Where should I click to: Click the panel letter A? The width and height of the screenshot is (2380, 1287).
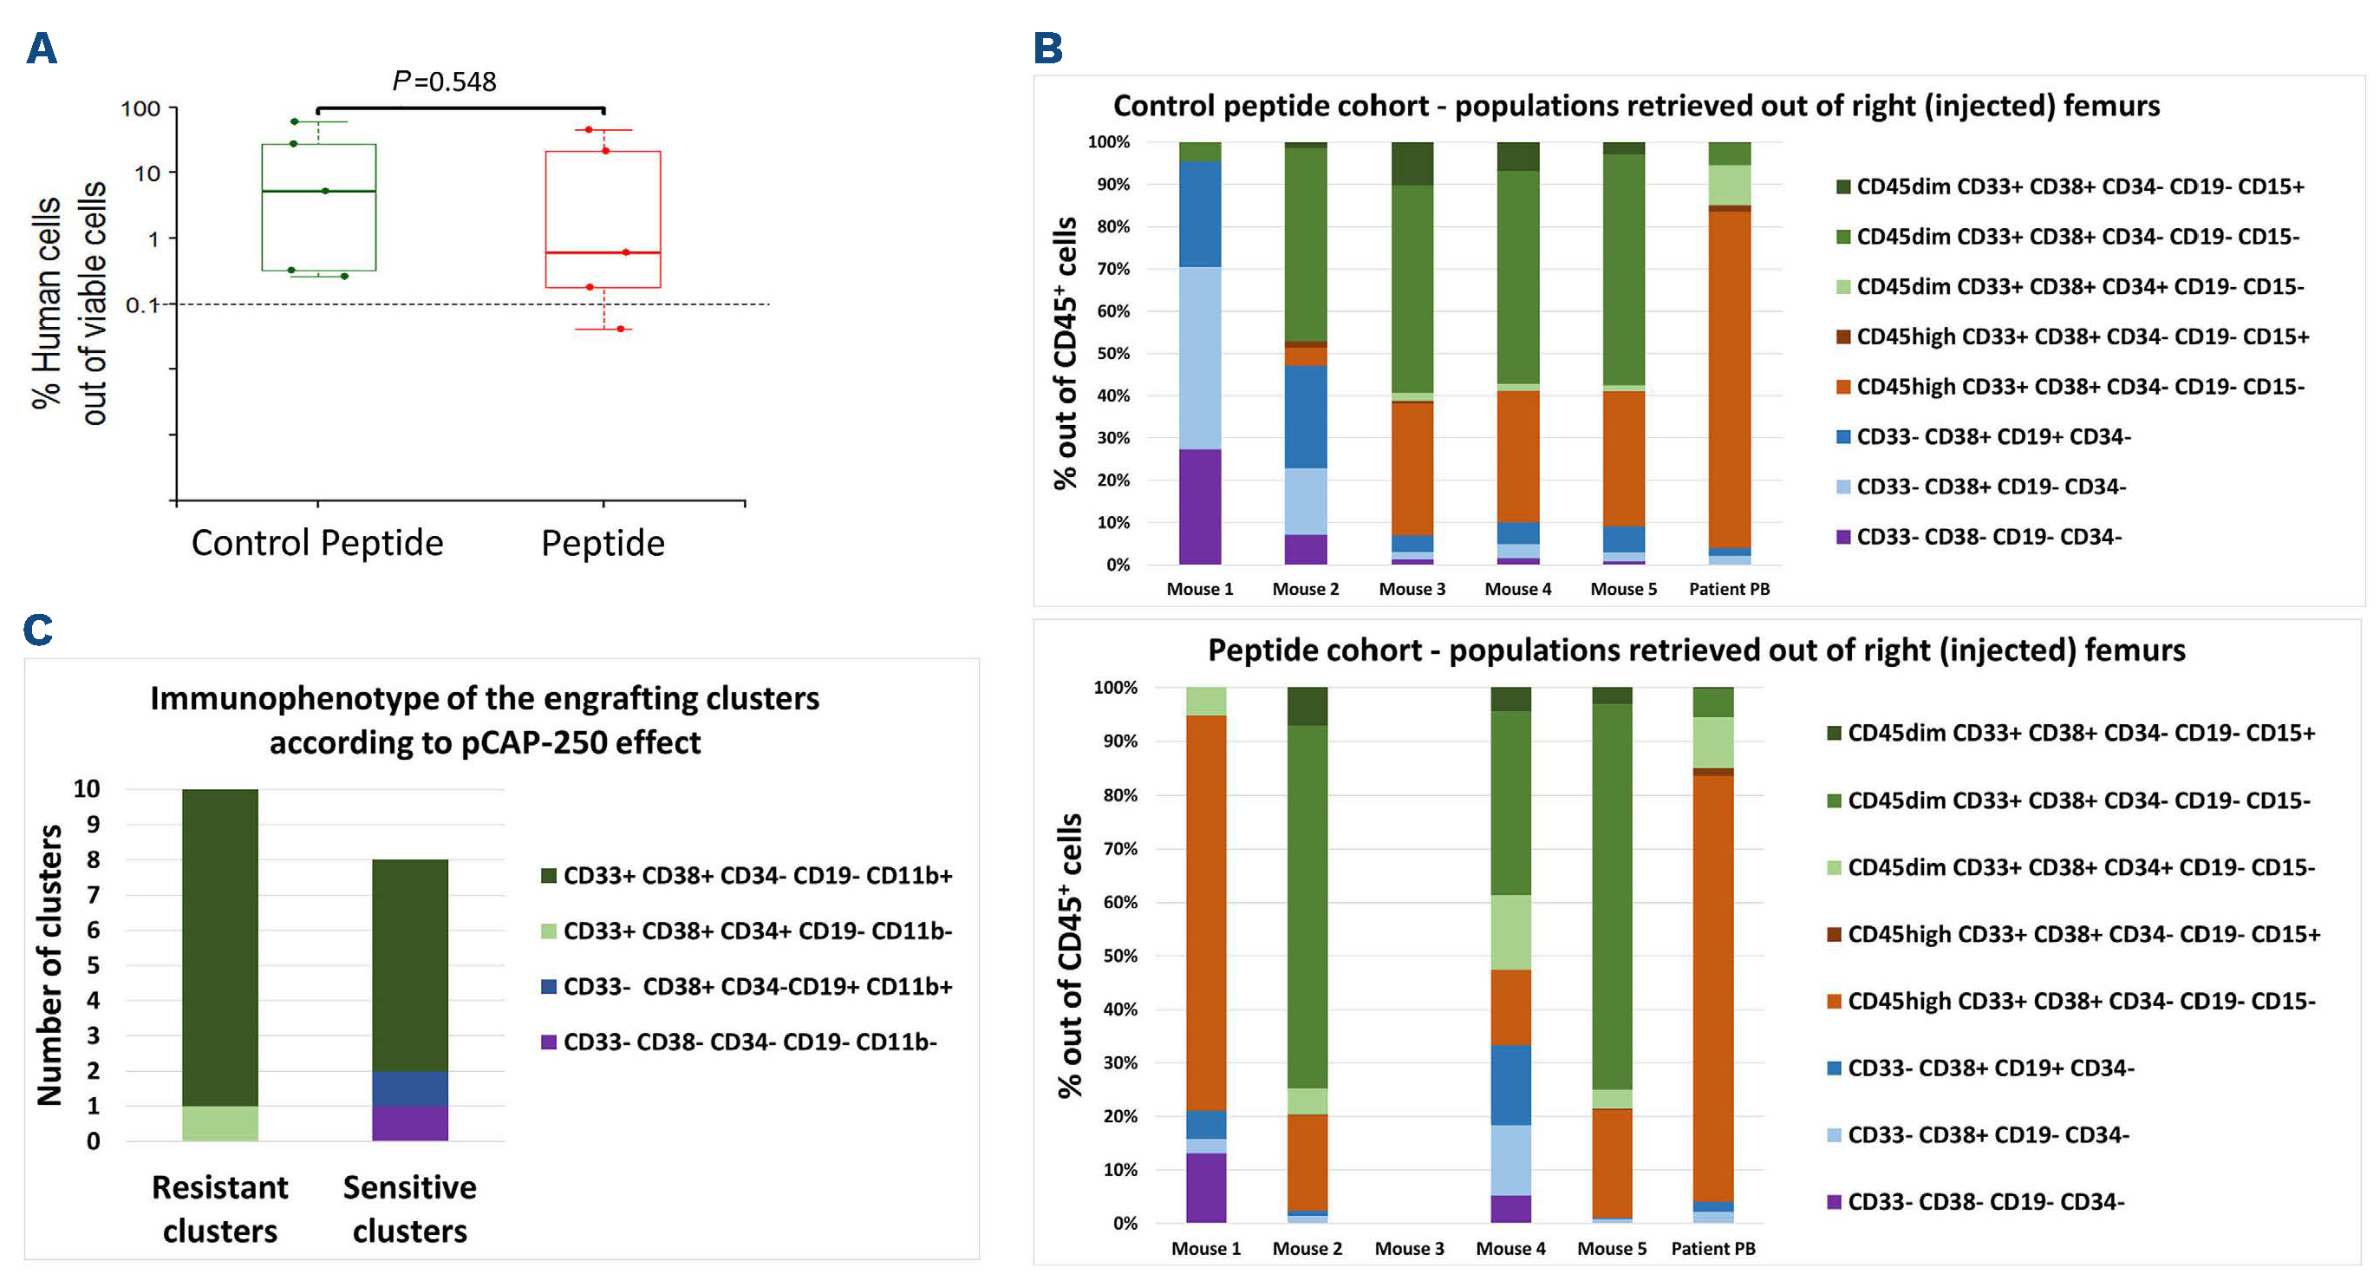click(42, 48)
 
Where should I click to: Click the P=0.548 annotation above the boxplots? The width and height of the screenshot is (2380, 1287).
click(445, 82)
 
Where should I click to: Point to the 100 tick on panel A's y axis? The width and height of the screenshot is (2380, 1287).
click(140, 109)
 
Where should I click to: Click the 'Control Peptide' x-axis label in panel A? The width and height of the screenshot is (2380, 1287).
click(317, 543)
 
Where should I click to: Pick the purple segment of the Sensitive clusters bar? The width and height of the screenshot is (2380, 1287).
click(409, 1123)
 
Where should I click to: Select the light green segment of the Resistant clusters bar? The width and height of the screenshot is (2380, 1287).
click(220, 1123)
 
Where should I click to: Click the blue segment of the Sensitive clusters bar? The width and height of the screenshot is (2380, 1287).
click(409, 1088)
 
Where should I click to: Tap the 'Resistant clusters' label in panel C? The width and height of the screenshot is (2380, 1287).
click(220, 1208)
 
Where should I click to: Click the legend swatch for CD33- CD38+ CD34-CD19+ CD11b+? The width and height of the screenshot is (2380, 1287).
click(549, 987)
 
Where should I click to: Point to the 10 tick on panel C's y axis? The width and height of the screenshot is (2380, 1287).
click(87, 789)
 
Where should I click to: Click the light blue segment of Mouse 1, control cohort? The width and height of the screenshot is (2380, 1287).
click(1199, 358)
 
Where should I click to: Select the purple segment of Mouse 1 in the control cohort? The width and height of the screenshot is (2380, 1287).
click(1199, 506)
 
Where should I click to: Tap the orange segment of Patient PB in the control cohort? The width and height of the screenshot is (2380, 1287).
click(1729, 379)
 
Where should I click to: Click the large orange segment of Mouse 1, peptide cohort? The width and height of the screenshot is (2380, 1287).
click(1206, 913)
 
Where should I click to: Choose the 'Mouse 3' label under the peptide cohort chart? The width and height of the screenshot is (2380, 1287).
click(1409, 1249)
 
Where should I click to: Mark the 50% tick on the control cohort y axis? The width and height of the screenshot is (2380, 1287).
click(1113, 354)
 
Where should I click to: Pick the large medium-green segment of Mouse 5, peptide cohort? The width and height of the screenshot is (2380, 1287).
click(1611, 896)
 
